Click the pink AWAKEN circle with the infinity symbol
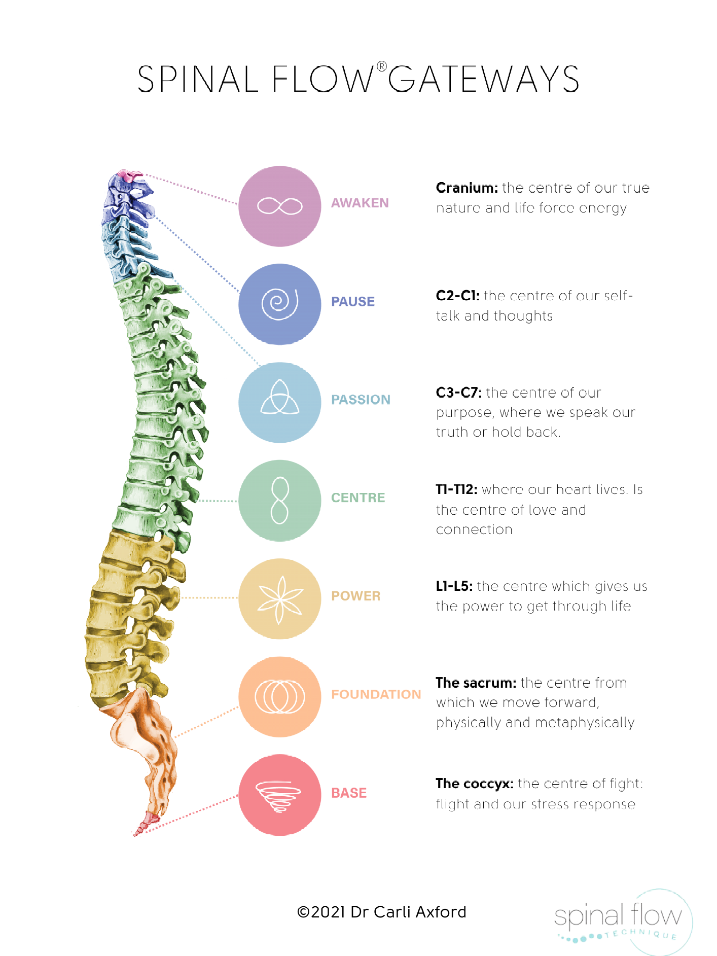pyautogui.click(x=279, y=206)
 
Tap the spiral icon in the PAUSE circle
pyautogui.click(x=279, y=304)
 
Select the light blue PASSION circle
pyautogui.click(x=279, y=402)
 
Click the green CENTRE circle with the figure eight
pyautogui.click(x=279, y=501)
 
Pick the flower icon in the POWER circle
pyautogui.click(x=279, y=599)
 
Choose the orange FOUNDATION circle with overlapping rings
pyautogui.click(x=279, y=697)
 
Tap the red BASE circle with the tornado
pyautogui.click(x=279, y=795)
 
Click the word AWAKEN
pyautogui.click(x=360, y=203)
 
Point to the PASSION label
pyautogui.click(x=361, y=400)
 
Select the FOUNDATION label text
pyautogui.click(x=376, y=694)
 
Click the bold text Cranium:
pyautogui.click(x=467, y=188)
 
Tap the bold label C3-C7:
pyautogui.click(x=458, y=393)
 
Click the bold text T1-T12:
pyautogui.click(x=456, y=489)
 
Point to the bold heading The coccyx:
pyautogui.click(x=474, y=784)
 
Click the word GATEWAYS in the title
pyautogui.click(x=483, y=80)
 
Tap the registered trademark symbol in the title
pyautogui.click(x=382, y=67)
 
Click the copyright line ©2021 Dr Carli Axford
pyautogui.click(x=381, y=912)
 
